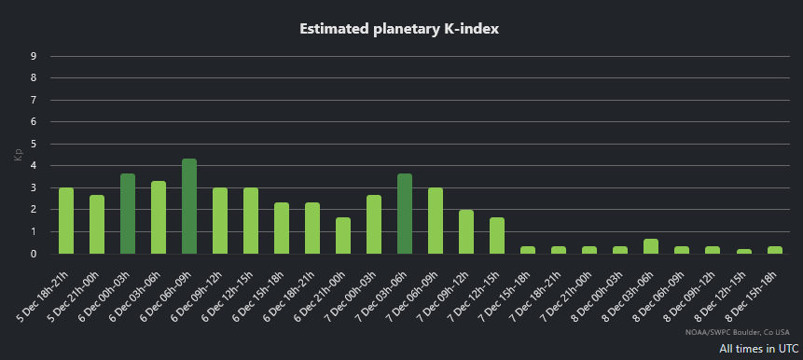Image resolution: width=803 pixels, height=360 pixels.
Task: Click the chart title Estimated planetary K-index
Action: tap(399, 29)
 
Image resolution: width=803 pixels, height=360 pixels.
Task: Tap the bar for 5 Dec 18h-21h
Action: tap(66, 221)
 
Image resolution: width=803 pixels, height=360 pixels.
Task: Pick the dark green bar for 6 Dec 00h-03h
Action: tap(128, 214)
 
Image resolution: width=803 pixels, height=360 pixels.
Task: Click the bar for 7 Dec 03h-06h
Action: tap(405, 214)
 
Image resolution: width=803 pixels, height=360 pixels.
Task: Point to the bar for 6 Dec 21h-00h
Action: tap(343, 235)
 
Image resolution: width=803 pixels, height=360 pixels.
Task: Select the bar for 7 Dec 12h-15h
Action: tap(497, 235)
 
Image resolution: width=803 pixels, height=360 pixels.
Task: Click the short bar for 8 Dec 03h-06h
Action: tap(651, 246)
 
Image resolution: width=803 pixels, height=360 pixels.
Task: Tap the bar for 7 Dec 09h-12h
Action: tap(466, 231)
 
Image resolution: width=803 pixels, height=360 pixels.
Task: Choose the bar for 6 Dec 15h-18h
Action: tap(282, 228)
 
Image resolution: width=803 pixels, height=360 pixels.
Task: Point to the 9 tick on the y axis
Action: tap(34, 56)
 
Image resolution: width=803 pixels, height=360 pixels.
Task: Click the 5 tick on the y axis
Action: tap(34, 144)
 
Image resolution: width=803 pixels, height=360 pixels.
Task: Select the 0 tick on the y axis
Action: tap(34, 254)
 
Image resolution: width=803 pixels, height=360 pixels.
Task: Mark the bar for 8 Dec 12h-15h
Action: tap(743, 251)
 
